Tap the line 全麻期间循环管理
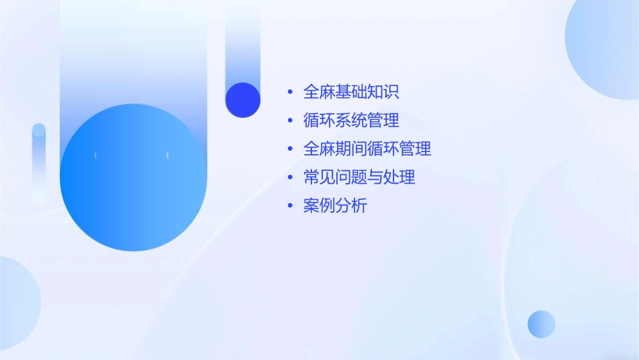point(367,149)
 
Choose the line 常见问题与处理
point(359,178)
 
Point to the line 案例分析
point(335,207)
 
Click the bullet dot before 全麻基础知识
point(290,92)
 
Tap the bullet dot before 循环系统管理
point(290,121)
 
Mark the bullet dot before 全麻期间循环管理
point(290,149)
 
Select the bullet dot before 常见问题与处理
point(290,178)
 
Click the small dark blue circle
point(243,100)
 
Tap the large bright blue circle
point(133,178)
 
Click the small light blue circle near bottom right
point(541,324)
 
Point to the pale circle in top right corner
point(605,50)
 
